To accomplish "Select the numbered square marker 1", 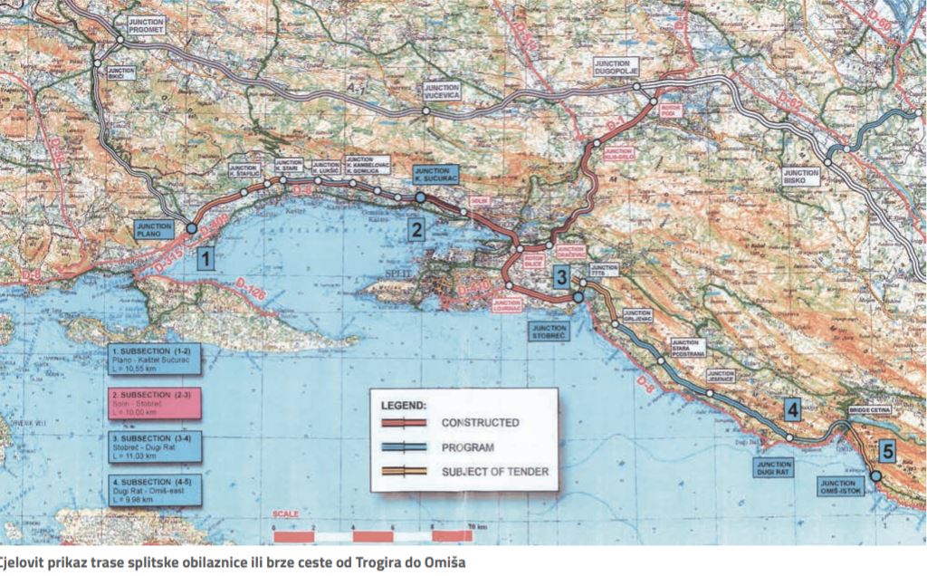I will pyautogui.click(x=206, y=261).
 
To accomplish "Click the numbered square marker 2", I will pyautogui.click(x=416, y=230).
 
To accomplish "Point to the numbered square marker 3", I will pyautogui.click(x=562, y=278).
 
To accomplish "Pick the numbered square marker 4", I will pyautogui.click(x=793, y=410).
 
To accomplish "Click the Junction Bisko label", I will pyautogui.click(x=802, y=176).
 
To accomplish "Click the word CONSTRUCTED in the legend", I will pyautogui.click(x=480, y=422).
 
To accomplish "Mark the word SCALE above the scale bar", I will pyautogui.click(x=285, y=514).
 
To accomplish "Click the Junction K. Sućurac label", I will pyautogui.click(x=436, y=174).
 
